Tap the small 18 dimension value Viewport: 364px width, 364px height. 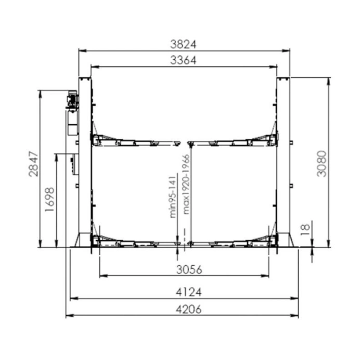click(306, 227)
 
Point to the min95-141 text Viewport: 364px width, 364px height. click(174, 196)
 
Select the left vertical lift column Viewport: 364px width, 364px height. click(85, 161)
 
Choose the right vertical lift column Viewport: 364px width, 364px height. click(283, 161)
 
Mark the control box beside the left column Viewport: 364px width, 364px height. click(73, 163)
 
